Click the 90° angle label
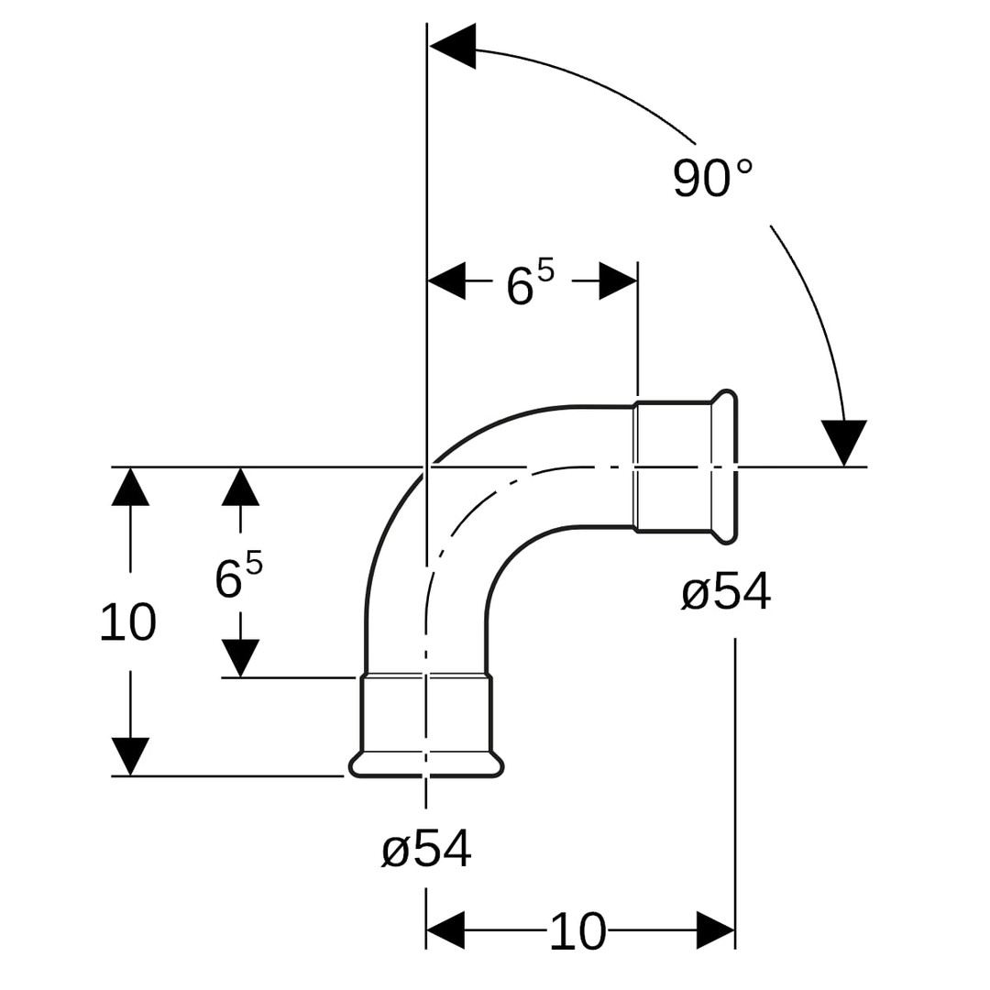pos(712,179)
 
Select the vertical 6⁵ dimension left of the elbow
pos(238,577)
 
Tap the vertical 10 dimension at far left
pos(128,622)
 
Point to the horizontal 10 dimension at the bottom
pos(577,931)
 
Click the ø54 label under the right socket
pos(725,592)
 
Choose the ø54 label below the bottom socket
pos(426,849)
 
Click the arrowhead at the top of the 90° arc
pos(453,46)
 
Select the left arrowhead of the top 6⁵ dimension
pos(446,280)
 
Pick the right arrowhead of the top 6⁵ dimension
pos(618,280)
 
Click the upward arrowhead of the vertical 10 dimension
pos(130,487)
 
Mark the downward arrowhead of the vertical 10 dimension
pos(130,756)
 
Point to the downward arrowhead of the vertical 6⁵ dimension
pos(240,658)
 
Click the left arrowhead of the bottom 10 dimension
pos(445,930)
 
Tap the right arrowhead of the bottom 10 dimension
pos(715,930)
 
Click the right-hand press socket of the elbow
pos(674,467)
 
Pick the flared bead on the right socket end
pos(725,467)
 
